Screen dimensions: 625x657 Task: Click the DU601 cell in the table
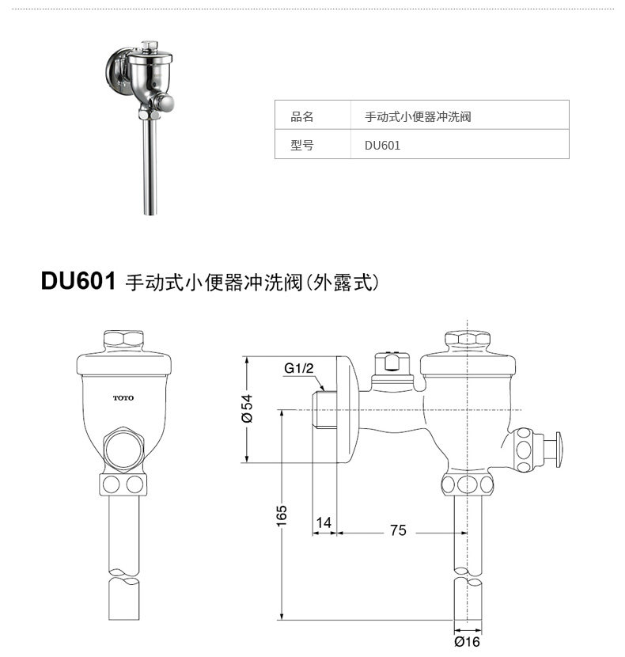382,146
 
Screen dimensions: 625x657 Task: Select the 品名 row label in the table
302,116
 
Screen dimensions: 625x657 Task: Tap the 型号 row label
302,146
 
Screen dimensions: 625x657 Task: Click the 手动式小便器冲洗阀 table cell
418,116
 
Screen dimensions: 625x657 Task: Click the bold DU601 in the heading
78,281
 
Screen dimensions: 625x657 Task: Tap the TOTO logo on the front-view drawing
123,397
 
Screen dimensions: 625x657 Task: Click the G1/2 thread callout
299,368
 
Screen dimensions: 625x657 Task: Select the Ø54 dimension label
248,408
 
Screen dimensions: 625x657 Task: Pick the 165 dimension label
282,516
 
